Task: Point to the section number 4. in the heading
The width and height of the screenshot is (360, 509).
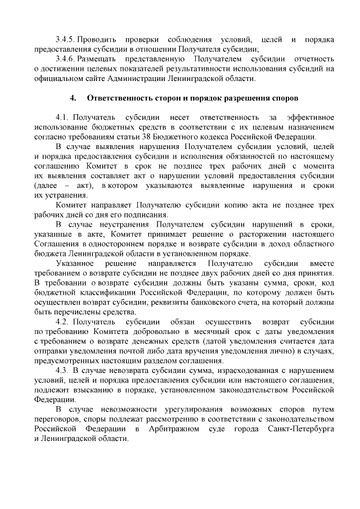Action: pyautogui.click(x=73, y=98)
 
